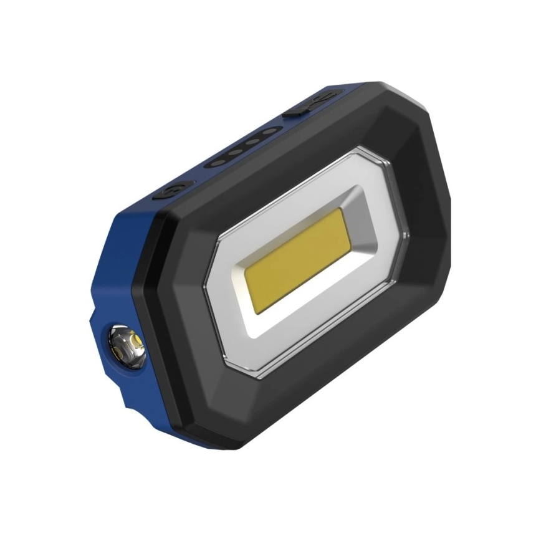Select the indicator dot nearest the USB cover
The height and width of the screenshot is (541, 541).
click(269, 132)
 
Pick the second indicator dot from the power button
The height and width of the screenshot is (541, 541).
click(235, 152)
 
